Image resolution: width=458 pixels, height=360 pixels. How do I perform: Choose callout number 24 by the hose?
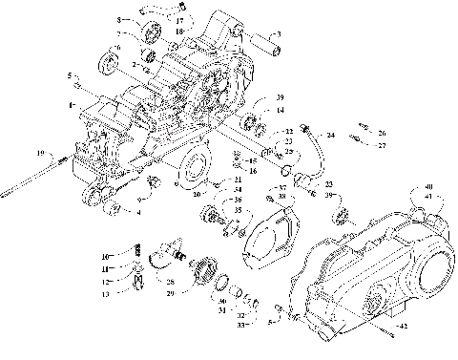click(331, 135)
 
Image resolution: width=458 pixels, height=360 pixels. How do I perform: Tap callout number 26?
click(382, 133)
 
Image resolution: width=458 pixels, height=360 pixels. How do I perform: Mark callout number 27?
click(382, 146)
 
